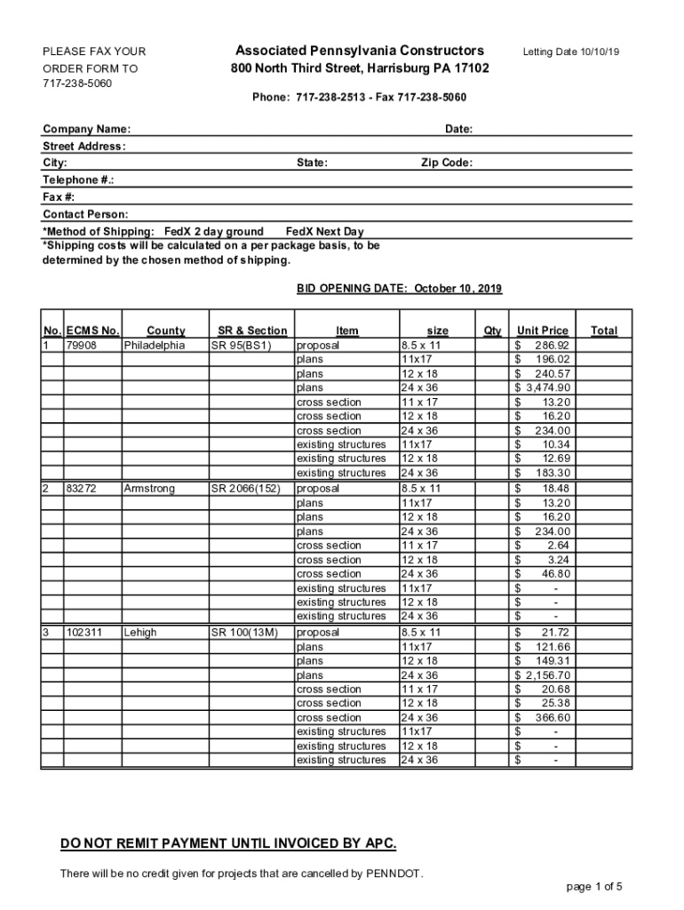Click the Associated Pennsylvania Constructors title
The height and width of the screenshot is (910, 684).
pos(360,51)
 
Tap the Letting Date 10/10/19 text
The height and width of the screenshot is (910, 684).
pos(570,52)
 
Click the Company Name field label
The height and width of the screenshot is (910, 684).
pos(86,130)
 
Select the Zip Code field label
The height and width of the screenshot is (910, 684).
pos(446,164)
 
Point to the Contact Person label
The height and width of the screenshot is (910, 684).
pos(85,215)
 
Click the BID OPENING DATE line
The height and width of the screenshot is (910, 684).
pos(398,289)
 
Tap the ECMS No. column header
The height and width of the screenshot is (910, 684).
pos(92,331)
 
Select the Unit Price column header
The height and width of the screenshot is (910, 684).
pos(542,331)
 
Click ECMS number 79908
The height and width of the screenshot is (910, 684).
pos(81,346)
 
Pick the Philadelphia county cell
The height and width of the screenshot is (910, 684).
pos(155,346)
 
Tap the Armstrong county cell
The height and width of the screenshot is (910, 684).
pos(149,489)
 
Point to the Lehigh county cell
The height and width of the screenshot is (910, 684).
pos(140,633)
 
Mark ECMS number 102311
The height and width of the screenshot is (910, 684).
pos(84,633)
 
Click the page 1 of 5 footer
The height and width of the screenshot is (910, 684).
pos(593,887)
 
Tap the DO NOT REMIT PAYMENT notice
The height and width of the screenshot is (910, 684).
pos(228,843)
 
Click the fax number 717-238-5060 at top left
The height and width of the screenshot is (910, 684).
pos(77,84)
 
